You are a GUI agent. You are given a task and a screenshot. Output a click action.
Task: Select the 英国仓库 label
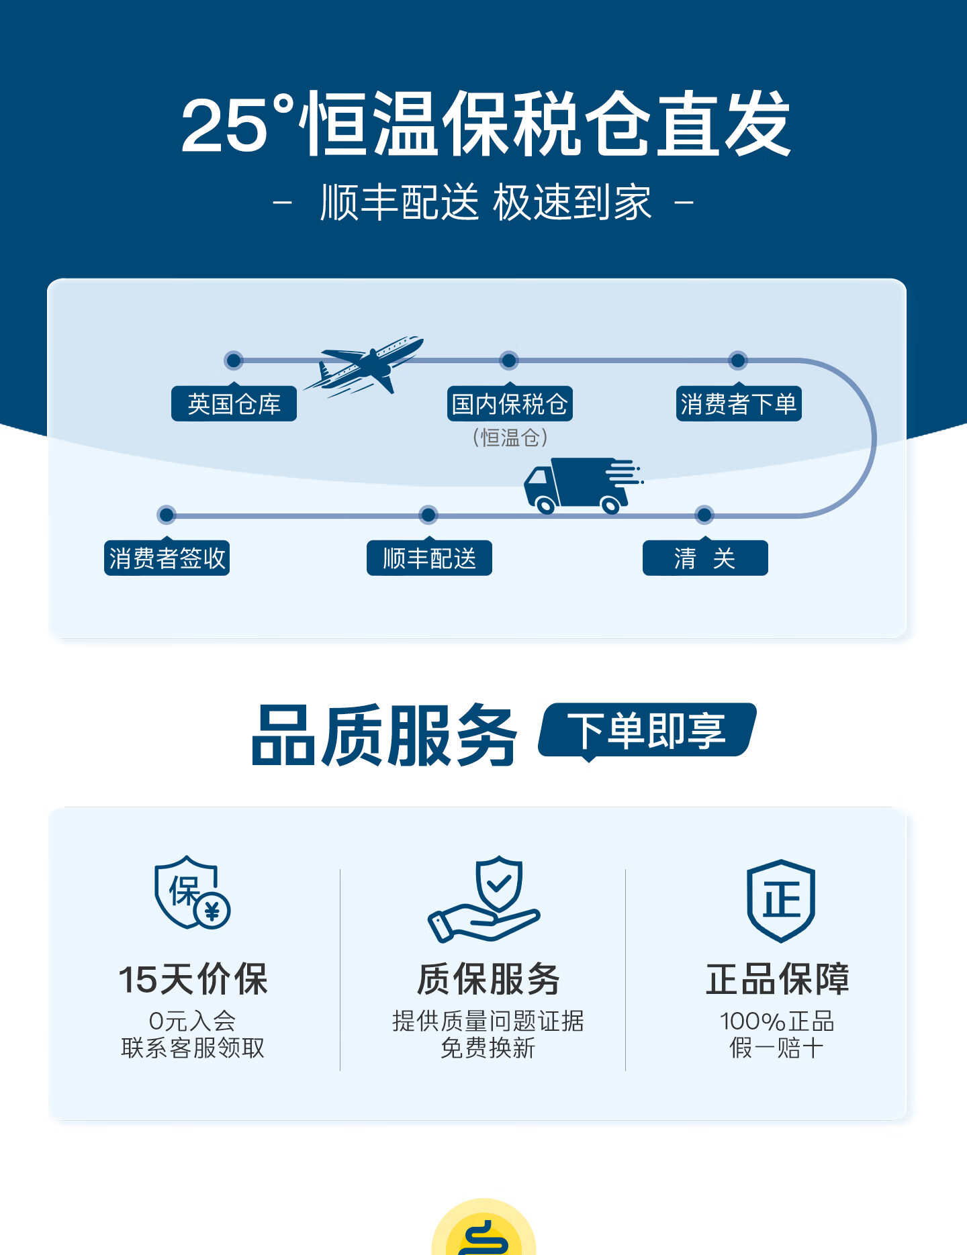coord(234,404)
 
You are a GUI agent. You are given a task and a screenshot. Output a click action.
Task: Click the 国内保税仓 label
coord(510,404)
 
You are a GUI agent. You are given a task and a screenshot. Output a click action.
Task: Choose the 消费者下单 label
coord(739,404)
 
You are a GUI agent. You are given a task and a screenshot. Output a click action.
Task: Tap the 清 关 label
coord(705,558)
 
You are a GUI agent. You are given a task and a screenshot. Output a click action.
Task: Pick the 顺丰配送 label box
coord(429,558)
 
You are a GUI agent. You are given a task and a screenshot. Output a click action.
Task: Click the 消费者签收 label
coord(167,558)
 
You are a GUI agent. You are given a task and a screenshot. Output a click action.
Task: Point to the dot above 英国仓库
coord(234,360)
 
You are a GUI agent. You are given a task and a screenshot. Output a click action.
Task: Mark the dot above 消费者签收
coord(167,515)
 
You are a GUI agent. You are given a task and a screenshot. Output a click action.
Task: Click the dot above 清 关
coord(704,515)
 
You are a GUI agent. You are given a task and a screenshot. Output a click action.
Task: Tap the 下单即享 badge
coord(647,730)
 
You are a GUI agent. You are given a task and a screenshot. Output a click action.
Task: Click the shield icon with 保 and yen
coord(192,893)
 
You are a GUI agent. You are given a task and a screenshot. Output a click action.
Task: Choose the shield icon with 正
coord(781,900)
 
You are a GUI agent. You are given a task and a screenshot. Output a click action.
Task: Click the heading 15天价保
coord(193,979)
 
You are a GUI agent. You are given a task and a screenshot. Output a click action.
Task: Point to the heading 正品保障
coord(778,979)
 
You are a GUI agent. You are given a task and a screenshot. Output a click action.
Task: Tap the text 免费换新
coord(488,1048)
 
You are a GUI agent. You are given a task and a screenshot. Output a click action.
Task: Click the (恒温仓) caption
coord(510,438)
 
